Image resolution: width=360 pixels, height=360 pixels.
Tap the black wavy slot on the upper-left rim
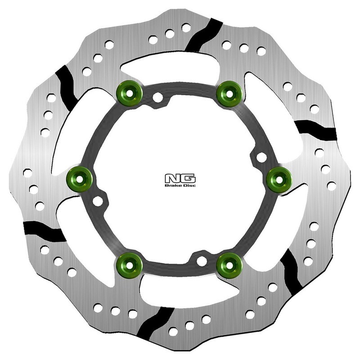point(67,85)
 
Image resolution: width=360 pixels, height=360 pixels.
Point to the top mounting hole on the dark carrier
point(157,97)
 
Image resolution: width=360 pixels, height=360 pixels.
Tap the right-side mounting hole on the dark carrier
point(261,157)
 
